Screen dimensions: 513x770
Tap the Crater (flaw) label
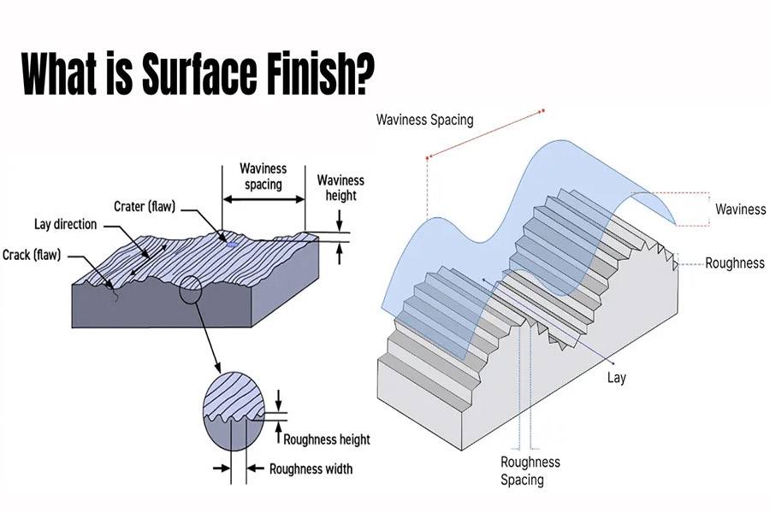tap(146, 206)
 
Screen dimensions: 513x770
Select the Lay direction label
tap(65, 225)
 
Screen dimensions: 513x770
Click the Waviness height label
tap(340, 187)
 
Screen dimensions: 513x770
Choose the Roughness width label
tap(311, 469)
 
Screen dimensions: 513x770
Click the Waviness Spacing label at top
tap(424, 120)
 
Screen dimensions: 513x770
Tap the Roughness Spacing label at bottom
tap(530, 470)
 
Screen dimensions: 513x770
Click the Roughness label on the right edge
tap(734, 263)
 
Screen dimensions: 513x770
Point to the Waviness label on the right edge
tap(740, 209)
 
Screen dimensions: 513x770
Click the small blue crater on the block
tap(232, 244)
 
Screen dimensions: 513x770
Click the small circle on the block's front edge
tap(190, 291)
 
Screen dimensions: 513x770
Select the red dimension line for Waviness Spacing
tap(484, 133)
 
